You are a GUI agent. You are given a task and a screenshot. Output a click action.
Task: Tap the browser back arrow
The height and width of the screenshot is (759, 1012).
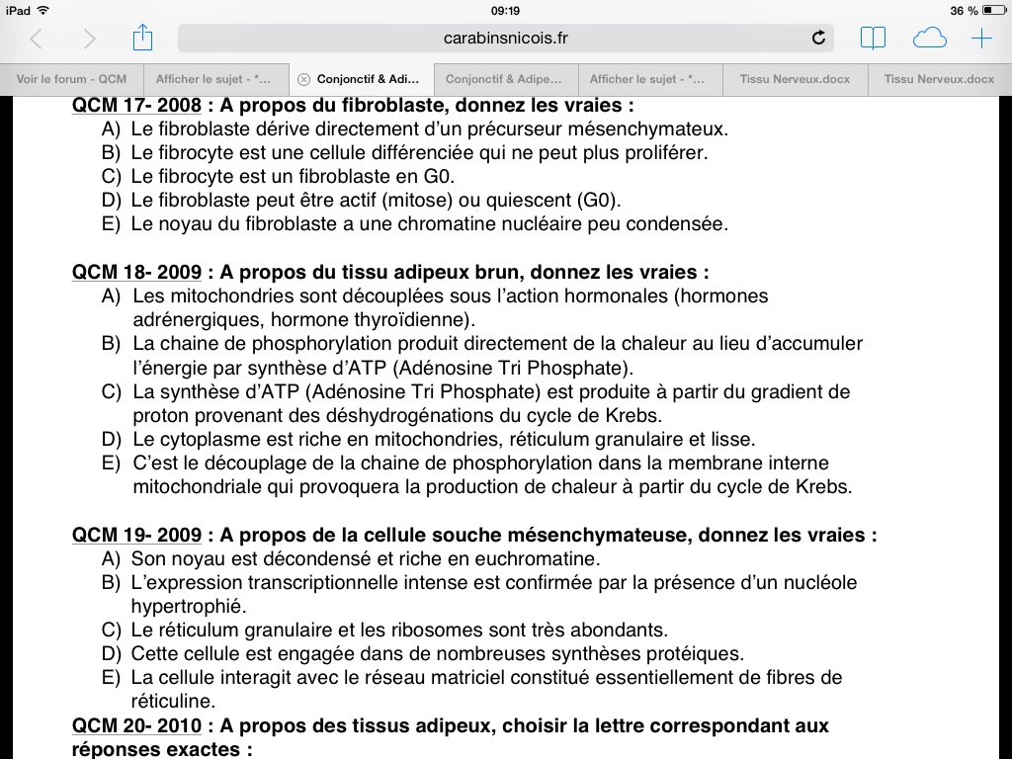(37, 39)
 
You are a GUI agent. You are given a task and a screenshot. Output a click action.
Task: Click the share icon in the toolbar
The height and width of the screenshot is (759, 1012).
(142, 39)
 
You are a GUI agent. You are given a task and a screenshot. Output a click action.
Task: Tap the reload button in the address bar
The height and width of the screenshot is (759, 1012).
(817, 39)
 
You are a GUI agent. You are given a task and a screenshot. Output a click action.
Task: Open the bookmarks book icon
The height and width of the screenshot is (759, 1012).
(873, 39)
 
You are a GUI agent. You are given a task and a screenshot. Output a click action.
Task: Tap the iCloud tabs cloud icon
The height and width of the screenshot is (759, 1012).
(929, 39)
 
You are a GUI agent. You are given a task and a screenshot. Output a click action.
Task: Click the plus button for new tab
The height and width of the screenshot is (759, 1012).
(981, 39)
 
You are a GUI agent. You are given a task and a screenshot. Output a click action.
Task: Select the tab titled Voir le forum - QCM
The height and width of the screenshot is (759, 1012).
(72, 79)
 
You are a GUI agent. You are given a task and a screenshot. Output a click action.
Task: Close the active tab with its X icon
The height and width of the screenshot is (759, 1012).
(303, 79)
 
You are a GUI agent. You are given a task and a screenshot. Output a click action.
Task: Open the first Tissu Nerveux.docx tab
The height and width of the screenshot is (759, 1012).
(795, 79)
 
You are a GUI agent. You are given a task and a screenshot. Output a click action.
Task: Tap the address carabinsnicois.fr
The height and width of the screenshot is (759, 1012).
(506, 39)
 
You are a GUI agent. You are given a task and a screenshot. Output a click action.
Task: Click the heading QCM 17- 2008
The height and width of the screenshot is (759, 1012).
(136, 105)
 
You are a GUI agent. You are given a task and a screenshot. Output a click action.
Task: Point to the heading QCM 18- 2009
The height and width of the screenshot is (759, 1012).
(136, 272)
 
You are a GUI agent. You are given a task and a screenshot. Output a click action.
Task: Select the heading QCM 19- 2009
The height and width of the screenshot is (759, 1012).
(136, 536)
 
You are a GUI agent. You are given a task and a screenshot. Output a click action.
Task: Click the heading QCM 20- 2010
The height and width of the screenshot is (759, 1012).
(136, 726)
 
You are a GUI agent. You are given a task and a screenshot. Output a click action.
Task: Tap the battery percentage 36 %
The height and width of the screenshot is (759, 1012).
(964, 10)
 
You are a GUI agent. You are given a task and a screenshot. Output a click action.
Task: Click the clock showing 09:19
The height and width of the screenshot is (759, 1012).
(505, 10)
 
